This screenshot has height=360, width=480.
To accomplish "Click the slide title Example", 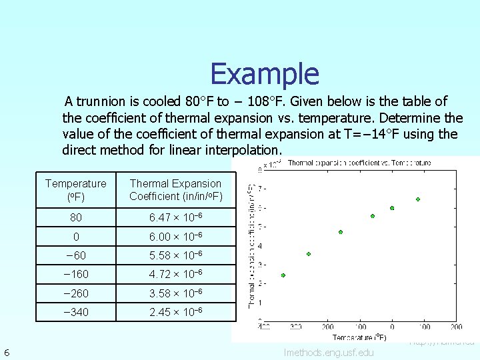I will (x=265, y=73).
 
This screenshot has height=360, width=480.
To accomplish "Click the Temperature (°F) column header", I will (x=75, y=189).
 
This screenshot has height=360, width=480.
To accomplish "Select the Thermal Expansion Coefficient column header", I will (x=175, y=189).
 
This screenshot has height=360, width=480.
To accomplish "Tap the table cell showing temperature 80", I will (x=75, y=217).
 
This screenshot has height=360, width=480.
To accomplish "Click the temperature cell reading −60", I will (x=75, y=255).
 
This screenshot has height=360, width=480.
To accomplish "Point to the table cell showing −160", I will (x=75, y=273).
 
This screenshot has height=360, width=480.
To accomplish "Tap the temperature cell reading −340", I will (x=75, y=311).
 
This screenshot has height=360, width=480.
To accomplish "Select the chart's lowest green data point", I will (x=283, y=275).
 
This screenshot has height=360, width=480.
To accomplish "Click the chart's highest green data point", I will (x=418, y=199).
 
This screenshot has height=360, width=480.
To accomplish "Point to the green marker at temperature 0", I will (x=392, y=208).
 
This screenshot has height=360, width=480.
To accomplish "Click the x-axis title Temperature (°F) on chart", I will (x=359, y=337).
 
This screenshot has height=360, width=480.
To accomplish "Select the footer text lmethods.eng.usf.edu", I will (x=329, y=352).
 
